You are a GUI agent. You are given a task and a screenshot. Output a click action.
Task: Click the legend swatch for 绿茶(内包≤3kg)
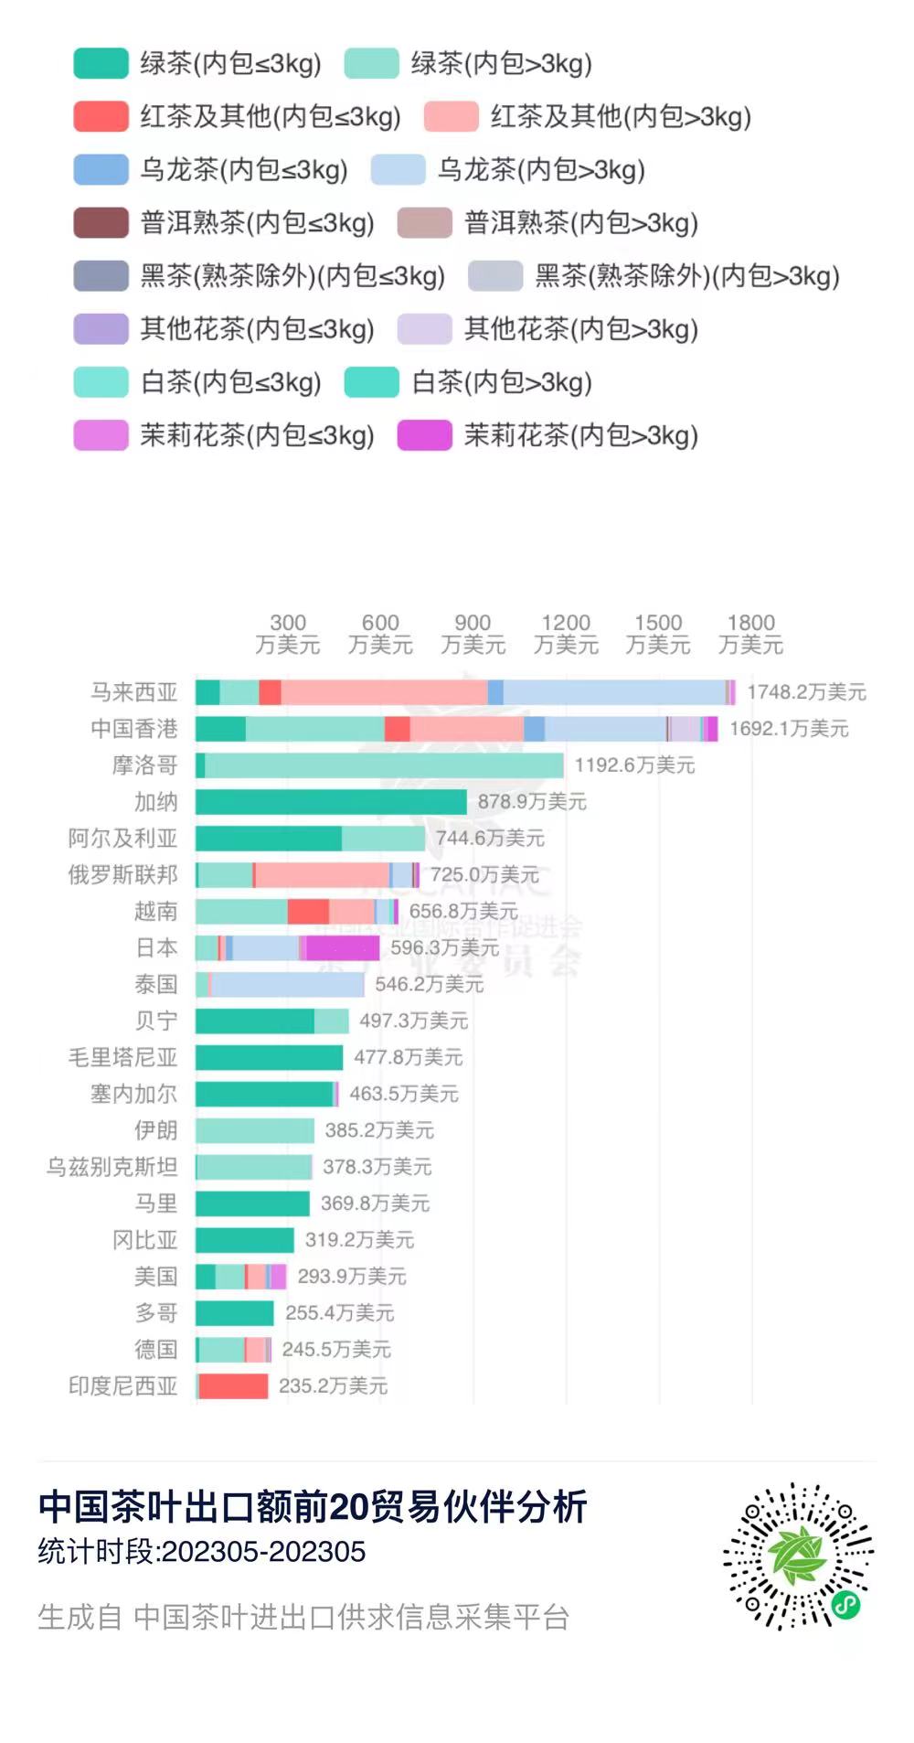coord(101,64)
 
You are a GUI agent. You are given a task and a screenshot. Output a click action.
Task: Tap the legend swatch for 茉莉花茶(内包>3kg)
coord(424,435)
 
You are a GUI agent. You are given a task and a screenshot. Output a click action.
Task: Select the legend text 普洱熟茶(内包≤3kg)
coord(257,223)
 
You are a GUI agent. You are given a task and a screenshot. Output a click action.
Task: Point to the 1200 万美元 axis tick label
coord(566,634)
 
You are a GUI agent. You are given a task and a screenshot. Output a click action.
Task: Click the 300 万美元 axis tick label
coord(288,634)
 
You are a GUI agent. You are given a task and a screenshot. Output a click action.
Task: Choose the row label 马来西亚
coord(133,692)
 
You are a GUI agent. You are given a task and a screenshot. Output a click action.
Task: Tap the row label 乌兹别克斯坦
coord(112,1167)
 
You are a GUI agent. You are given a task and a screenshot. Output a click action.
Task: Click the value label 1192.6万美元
coord(634,765)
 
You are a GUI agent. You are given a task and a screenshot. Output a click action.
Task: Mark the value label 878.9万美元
coord(532,802)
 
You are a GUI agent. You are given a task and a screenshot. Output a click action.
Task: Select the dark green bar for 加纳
coord(331,802)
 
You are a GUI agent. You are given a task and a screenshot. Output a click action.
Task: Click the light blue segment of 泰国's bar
coord(288,985)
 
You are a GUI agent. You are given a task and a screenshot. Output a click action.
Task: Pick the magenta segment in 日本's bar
coord(343,948)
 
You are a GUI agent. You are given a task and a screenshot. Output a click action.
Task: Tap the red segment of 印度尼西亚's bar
coord(233,1386)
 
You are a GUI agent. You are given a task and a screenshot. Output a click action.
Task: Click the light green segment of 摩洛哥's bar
coord(384,765)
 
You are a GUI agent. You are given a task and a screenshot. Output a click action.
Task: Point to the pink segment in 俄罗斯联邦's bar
coord(322,875)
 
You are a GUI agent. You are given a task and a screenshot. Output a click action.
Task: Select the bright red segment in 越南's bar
coord(308,912)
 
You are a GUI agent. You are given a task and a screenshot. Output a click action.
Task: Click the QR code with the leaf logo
coord(798,1556)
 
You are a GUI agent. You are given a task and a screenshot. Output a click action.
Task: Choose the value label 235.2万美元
coord(333,1386)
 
